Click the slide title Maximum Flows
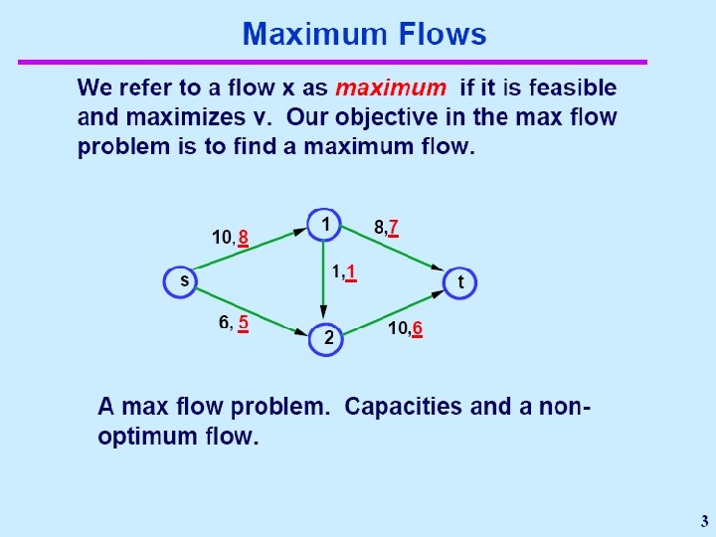[x=364, y=35]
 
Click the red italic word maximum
[x=391, y=88]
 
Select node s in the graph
[x=183, y=281]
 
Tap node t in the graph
[x=460, y=282]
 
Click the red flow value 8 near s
[x=243, y=238]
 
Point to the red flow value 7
[x=394, y=228]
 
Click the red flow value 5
[x=243, y=322]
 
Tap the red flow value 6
[x=418, y=329]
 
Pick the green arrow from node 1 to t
[x=393, y=248]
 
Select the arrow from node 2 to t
[x=393, y=315]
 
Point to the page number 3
[x=704, y=520]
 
